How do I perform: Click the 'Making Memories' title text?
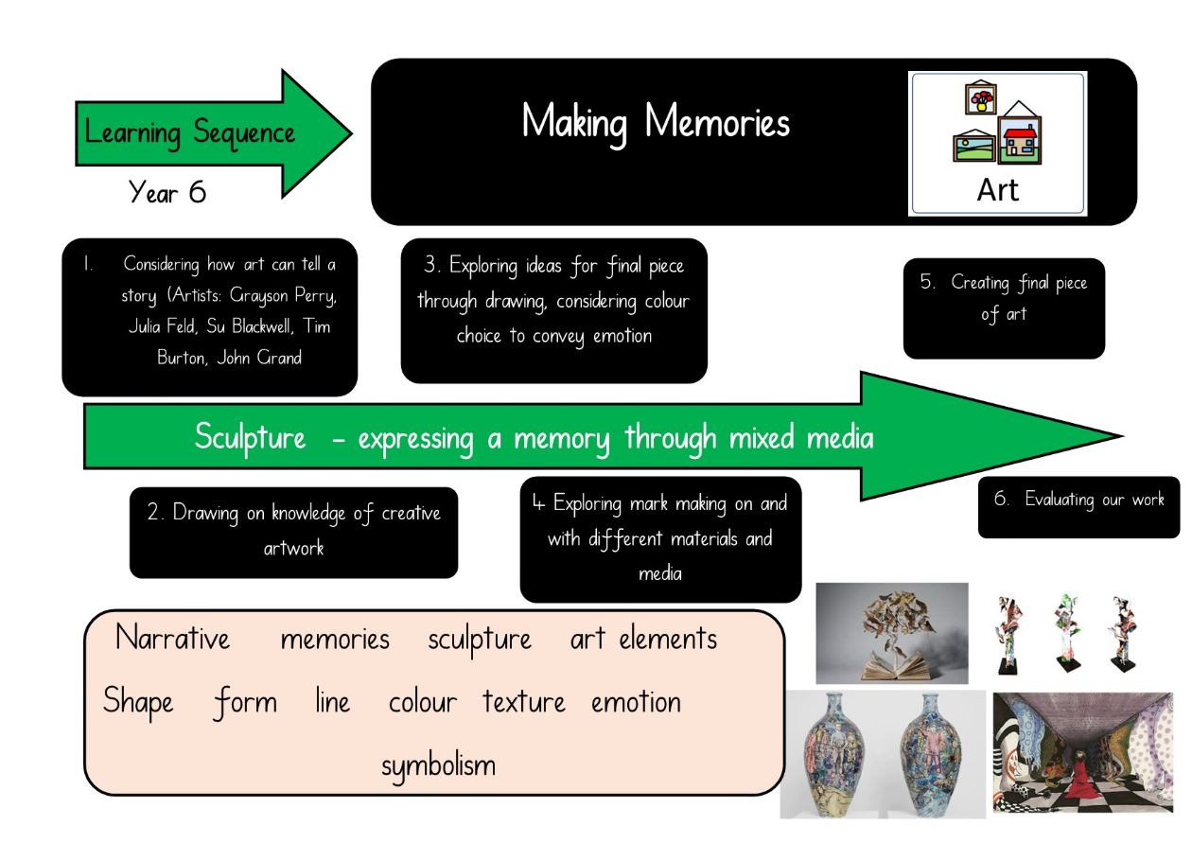(x=656, y=123)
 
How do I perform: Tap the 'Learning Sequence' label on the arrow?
(x=189, y=133)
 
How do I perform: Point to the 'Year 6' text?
(x=167, y=192)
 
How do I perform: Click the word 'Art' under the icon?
(x=997, y=190)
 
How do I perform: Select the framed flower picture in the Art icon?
(x=981, y=97)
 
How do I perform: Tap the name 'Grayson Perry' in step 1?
(x=283, y=296)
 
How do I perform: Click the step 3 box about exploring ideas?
(x=554, y=310)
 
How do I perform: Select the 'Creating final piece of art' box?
(x=1004, y=308)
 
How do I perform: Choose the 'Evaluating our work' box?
(x=1078, y=507)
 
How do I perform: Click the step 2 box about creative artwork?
(x=293, y=533)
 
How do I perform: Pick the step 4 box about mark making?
(x=661, y=539)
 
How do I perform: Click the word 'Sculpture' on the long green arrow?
(x=250, y=437)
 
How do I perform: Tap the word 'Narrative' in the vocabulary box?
(x=172, y=638)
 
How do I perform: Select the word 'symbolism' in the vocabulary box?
(x=439, y=766)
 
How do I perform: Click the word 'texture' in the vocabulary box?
(x=524, y=701)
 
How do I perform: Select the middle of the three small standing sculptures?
(x=1067, y=633)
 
